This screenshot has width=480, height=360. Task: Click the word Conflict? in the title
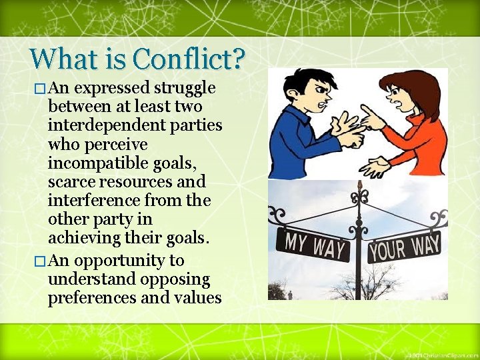pyautogui.click(x=189, y=60)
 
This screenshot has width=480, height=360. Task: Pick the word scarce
pyautogui.click(x=71, y=182)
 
